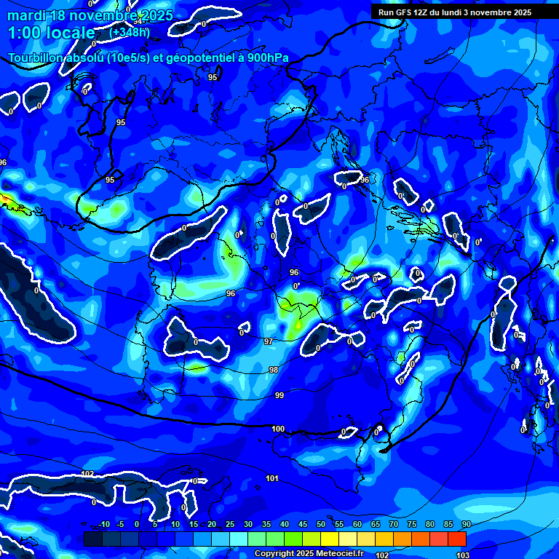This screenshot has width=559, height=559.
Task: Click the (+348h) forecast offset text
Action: tap(130, 32)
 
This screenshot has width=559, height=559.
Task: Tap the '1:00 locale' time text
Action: tap(52, 33)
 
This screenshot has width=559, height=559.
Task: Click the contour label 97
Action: tap(268, 341)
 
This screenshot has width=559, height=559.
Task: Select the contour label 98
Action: tap(273, 370)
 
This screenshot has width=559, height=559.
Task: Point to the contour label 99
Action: tap(279, 395)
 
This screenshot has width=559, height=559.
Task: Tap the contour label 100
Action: tap(278, 429)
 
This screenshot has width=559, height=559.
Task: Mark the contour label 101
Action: tap(272, 478)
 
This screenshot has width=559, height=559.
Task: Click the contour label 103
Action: tap(461, 555)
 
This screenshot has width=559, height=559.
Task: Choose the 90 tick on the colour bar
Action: tap(466, 524)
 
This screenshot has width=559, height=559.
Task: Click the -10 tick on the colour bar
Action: tap(103, 524)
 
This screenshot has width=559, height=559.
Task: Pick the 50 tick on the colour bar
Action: tap(321, 524)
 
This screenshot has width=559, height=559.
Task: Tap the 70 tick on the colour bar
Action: tap(393, 524)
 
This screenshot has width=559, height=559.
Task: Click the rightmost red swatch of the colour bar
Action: tap(457, 539)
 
